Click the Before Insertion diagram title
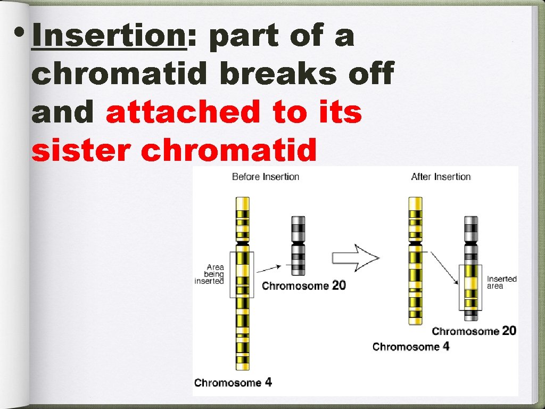[x=266, y=176]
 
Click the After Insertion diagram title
[x=441, y=176]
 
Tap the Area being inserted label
[x=210, y=274]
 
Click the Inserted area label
[x=501, y=282]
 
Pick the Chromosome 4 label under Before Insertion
[x=233, y=382]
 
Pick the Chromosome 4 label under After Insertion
[x=410, y=347]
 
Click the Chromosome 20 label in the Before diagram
[x=303, y=285]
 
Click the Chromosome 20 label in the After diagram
[x=474, y=331]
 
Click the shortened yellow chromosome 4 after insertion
[x=415, y=261]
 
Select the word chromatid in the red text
[x=228, y=151]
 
